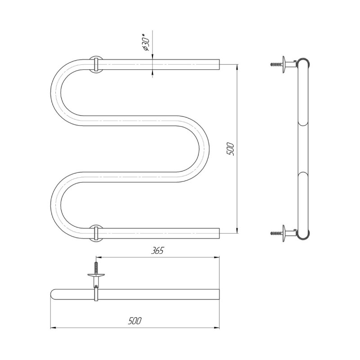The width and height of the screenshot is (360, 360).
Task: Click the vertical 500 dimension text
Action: pos(230,149)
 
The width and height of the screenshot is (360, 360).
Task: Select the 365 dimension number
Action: pos(157,251)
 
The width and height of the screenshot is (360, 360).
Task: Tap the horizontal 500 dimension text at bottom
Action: pos(135,321)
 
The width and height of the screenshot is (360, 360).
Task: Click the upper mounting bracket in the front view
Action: pos(96,64)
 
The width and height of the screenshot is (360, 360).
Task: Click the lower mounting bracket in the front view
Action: pos(96,233)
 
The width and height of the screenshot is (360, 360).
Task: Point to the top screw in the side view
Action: pos(276,64)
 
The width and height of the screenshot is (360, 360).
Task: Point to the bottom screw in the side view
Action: pos(276,233)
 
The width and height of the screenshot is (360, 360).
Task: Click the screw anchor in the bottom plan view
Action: pos(96,268)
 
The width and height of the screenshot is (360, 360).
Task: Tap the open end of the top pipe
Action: pos(219,64)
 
